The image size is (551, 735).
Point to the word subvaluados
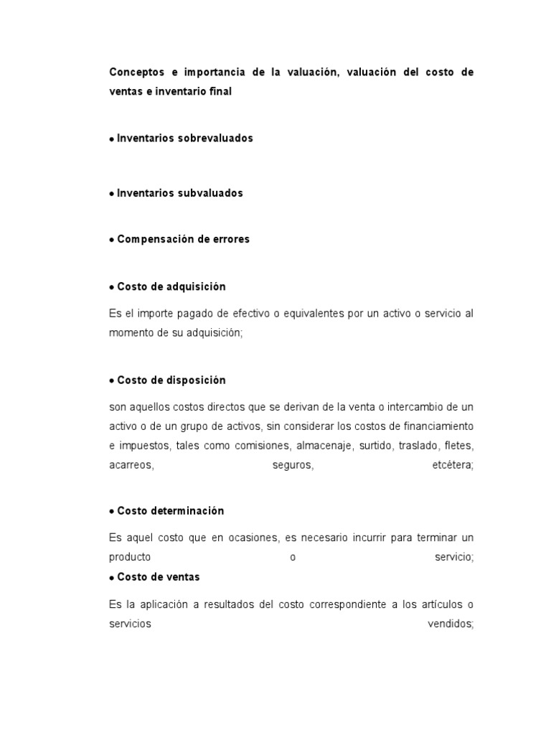(210, 193)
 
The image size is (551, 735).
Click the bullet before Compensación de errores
(111, 240)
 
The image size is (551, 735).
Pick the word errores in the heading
(228, 239)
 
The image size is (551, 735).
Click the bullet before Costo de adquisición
(111, 287)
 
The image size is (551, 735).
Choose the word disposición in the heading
(192, 380)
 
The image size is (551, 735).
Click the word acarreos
(131, 465)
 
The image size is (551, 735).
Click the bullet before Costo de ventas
(111, 578)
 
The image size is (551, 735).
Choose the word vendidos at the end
(451, 624)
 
